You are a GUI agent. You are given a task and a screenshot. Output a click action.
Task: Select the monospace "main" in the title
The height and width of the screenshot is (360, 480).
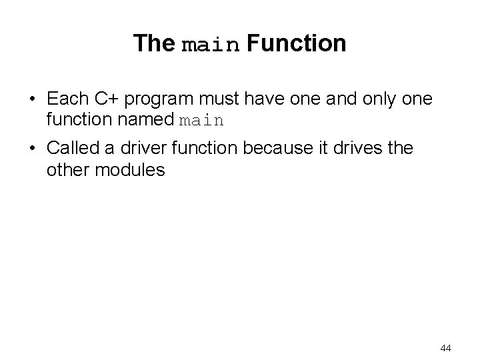pyautogui.click(x=210, y=45)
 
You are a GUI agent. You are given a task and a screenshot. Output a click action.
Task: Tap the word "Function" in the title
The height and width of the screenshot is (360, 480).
pyautogui.click(x=296, y=44)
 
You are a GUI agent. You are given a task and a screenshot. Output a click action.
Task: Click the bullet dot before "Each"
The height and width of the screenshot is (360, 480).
pyautogui.click(x=32, y=100)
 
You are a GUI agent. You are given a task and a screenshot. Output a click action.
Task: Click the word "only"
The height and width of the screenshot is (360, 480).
pyautogui.click(x=375, y=101)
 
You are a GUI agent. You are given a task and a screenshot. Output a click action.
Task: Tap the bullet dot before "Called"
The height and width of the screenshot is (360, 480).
pyautogui.click(x=32, y=149)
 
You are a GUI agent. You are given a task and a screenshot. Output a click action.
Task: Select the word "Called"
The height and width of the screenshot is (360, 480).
pyautogui.click(x=73, y=148)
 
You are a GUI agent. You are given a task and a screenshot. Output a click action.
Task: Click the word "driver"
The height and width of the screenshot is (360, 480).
pyautogui.click(x=140, y=148)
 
